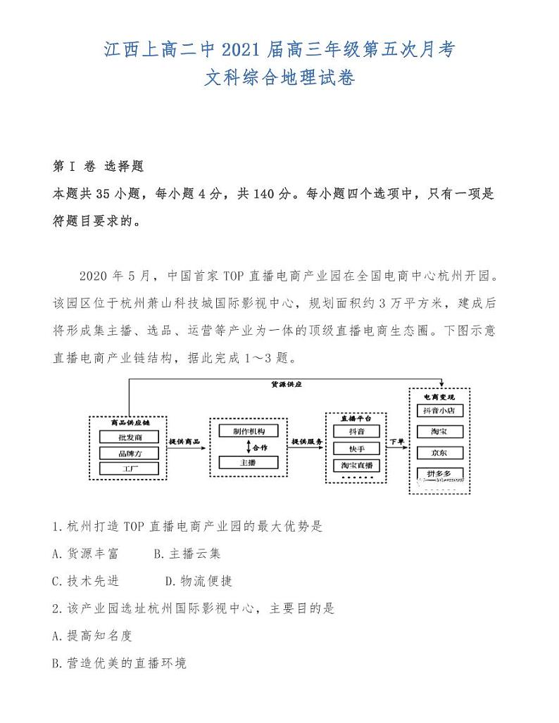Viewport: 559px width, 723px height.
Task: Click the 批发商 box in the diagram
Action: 129,437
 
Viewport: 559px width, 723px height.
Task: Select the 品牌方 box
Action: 129,453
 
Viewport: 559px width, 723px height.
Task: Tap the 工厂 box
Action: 129,468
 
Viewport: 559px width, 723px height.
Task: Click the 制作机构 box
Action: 248,431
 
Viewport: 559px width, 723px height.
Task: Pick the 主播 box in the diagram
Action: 248,462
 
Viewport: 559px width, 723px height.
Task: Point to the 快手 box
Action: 357,448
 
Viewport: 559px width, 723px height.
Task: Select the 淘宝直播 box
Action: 357,465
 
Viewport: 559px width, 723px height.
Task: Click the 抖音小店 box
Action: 440,410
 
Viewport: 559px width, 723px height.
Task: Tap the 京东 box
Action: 440,452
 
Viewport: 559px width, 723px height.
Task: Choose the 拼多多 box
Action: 440,473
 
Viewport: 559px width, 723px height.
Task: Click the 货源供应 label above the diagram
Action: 286,385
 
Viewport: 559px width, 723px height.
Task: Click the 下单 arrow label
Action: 396,442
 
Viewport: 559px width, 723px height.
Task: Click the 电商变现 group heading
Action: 440,397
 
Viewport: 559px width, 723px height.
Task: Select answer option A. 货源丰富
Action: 86,554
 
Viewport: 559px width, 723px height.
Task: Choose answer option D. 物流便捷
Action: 199,581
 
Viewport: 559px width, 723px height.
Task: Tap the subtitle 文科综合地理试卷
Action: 279,77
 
